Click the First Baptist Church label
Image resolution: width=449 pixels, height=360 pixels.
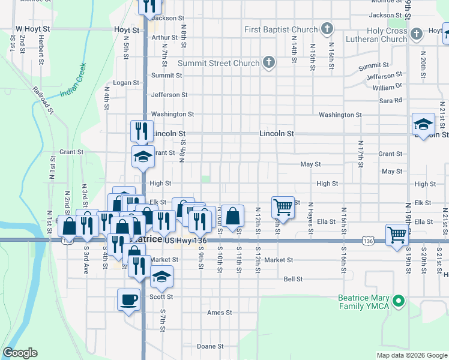[281, 29]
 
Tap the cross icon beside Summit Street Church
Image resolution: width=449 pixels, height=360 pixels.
[269, 62]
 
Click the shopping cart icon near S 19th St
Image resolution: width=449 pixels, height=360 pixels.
[397, 235]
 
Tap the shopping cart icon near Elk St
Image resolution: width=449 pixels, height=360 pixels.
[282, 207]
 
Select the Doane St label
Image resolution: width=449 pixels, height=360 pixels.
[210, 346]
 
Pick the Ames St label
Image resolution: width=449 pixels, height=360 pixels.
[219, 313]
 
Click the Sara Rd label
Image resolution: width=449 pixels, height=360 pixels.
[390, 100]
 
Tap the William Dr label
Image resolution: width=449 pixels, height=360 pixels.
[387, 88]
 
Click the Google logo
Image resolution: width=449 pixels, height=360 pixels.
[20, 353]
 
